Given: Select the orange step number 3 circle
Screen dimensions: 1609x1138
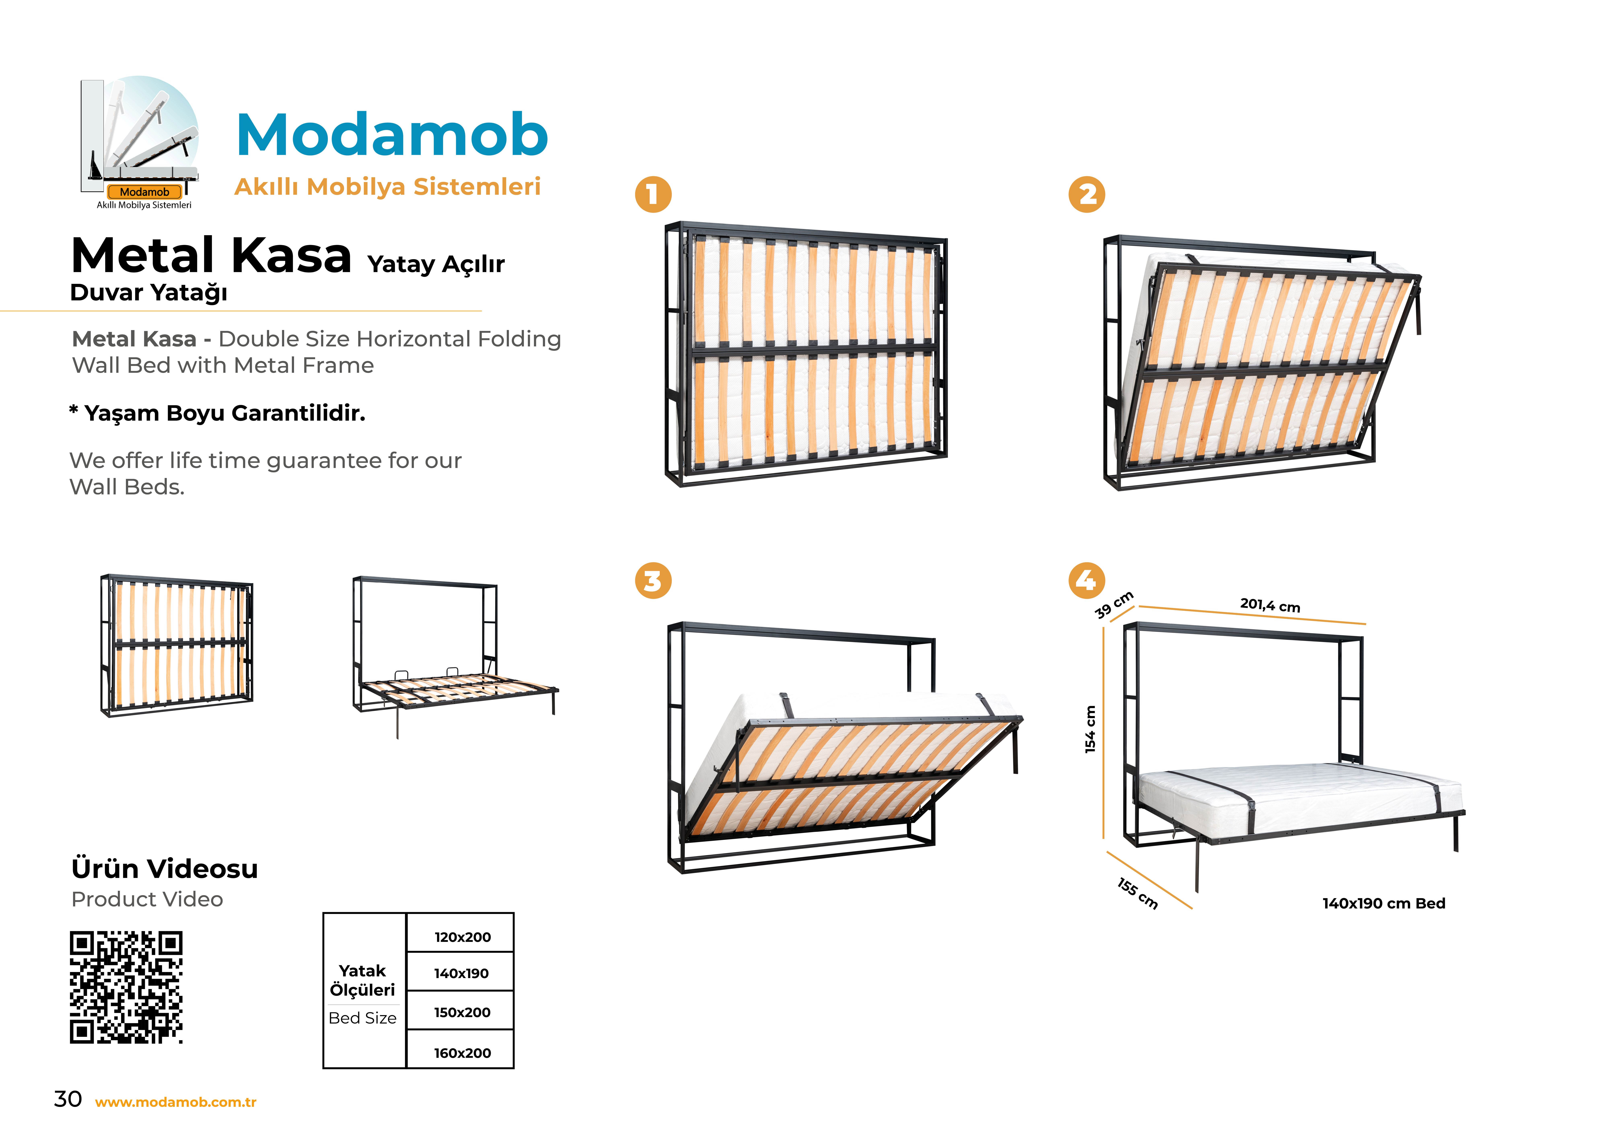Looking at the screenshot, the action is coord(653,581).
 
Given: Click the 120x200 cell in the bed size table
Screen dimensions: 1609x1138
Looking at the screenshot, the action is coord(461,933).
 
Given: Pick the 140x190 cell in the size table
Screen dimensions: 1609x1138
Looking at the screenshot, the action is coord(461,972).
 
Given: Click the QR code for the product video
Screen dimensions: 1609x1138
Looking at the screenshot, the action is coord(126,987).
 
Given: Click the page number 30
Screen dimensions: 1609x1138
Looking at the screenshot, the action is coord(68,1099).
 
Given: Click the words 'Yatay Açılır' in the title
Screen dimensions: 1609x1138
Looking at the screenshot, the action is coord(436,264).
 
